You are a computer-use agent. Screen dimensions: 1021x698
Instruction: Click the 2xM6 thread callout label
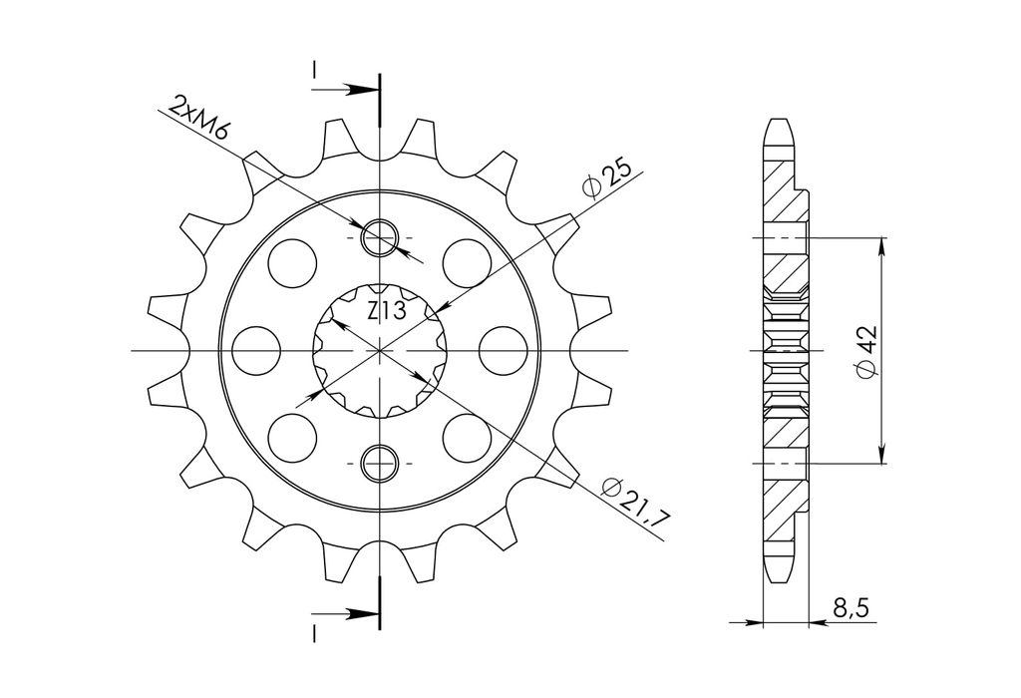199,119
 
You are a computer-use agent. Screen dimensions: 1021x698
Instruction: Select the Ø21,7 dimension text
636,501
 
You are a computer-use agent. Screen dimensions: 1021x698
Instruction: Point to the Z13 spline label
386,310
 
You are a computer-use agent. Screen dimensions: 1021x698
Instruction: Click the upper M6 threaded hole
380,237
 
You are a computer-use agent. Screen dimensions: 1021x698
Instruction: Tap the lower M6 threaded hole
380,463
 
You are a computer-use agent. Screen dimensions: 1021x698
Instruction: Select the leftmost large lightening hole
256,350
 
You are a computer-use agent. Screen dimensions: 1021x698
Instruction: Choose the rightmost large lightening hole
503,350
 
